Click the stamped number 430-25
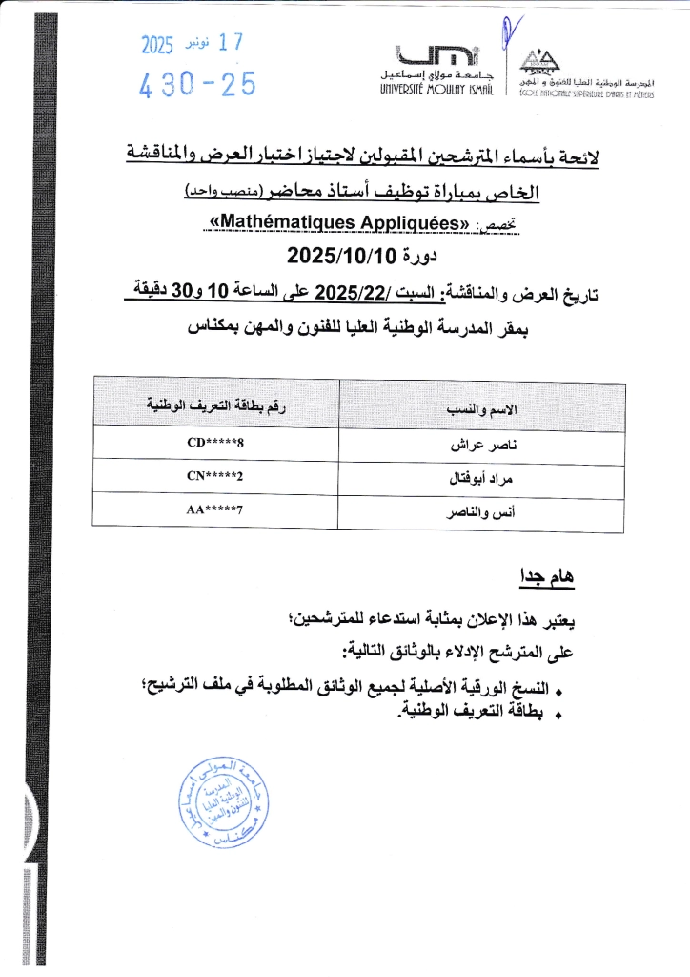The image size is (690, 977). point(198,86)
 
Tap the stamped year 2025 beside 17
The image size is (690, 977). point(158,44)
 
